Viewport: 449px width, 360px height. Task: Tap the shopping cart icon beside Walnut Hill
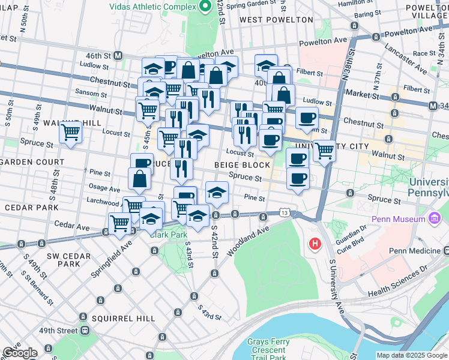pos(71,131)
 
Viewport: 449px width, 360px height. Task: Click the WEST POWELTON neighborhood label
pos(276,20)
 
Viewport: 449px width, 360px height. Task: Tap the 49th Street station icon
pos(86,331)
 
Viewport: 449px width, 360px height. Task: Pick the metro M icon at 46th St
pos(118,55)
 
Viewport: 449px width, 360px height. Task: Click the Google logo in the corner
pos(19,353)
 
